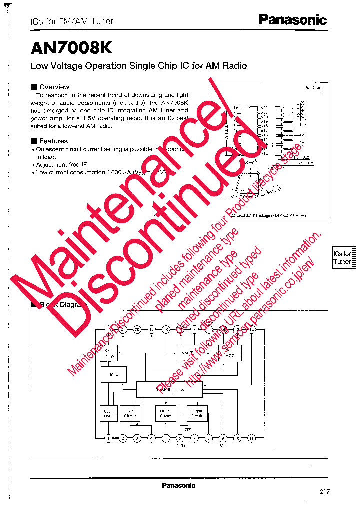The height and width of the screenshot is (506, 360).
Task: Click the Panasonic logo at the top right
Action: [x=292, y=20]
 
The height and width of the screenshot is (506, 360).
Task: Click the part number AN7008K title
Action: [x=71, y=47]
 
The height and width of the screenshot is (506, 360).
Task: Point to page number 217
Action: [x=325, y=491]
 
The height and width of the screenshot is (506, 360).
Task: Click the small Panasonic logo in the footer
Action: [x=178, y=485]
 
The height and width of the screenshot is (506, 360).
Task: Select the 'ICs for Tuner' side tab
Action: [x=342, y=258]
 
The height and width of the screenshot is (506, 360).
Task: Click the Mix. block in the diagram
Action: [x=114, y=374]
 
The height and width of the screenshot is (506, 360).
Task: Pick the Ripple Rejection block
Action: [x=170, y=389]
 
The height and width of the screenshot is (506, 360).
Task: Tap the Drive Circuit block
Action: [x=165, y=413]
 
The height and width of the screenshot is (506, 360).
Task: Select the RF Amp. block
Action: [x=109, y=352]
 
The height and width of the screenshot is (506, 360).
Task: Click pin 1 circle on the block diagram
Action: [x=108, y=438]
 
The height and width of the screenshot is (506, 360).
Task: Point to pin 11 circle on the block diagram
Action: [x=252, y=438]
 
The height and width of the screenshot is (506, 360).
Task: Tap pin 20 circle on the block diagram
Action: [x=137, y=329]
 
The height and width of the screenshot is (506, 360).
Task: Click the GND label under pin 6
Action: [x=180, y=445]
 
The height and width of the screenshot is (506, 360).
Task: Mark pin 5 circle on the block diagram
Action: [x=166, y=438]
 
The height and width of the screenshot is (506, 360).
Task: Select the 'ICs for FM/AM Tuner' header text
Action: [x=72, y=21]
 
